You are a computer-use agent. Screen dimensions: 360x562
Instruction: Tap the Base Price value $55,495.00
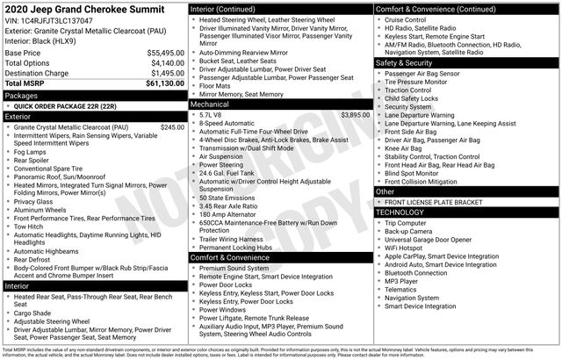pos(162,53)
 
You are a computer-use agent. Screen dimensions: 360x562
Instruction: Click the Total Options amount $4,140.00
pos(165,63)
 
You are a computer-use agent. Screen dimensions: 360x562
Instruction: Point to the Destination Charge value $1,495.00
pos(165,74)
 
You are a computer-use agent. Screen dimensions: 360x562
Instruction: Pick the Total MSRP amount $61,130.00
pos(162,84)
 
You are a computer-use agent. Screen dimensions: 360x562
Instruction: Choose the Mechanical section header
pos(214,104)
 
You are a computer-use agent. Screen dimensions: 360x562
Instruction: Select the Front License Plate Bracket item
pos(439,202)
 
